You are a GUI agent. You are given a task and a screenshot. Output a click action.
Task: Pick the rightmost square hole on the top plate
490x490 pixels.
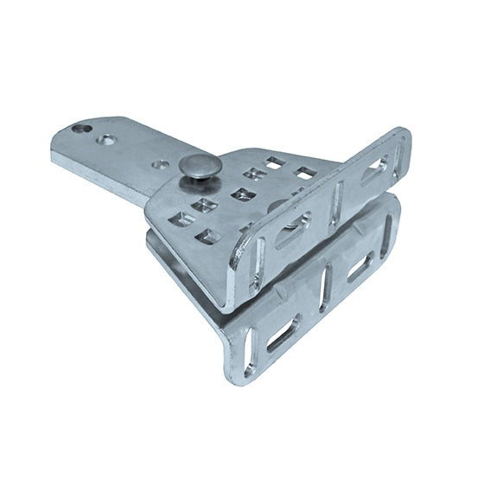pyautogui.click(x=306, y=172)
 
